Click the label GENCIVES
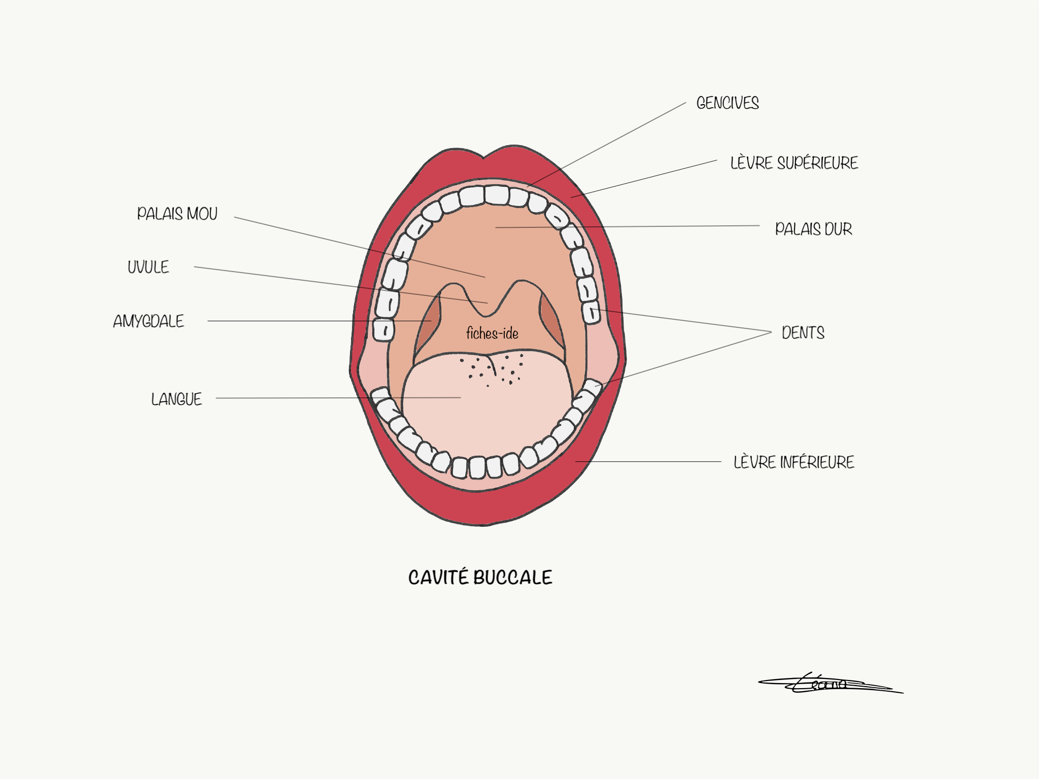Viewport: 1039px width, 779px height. pyautogui.click(x=727, y=103)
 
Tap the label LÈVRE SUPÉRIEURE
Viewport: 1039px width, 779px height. pyautogui.click(x=794, y=163)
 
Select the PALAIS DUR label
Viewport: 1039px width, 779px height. pyautogui.click(x=813, y=229)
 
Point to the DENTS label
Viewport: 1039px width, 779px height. pyautogui.click(x=803, y=333)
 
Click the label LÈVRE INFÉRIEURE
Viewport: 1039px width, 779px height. pyautogui.click(x=793, y=462)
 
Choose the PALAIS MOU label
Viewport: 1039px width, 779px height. pyautogui.click(x=177, y=214)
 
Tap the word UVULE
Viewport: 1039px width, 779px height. pyautogui.click(x=148, y=267)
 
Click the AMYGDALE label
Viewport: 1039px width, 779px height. pyautogui.click(x=149, y=321)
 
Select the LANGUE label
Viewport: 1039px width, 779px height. pyautogui.click(x=177, y=399)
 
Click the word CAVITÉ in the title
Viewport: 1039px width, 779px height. pyautogui.click(x=438, y=577)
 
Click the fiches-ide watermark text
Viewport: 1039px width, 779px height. pyautogui.click(x=492, y=333)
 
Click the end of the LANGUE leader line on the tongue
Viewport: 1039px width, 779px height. pyautogui.click(x=460, y=398)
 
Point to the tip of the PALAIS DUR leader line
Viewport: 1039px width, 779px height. pyautogui.click(x=496, y=227)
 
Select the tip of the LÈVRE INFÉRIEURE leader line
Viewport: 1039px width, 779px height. pyautogui.click(x=576, y=461)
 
